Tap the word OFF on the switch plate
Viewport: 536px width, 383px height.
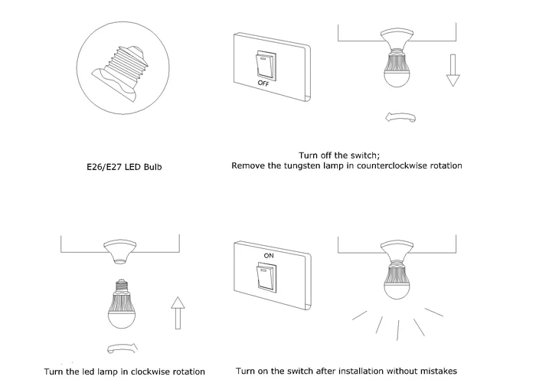point(263,82)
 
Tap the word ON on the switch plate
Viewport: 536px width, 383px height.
point(268,254)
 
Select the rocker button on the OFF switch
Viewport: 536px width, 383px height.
point(263,63)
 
